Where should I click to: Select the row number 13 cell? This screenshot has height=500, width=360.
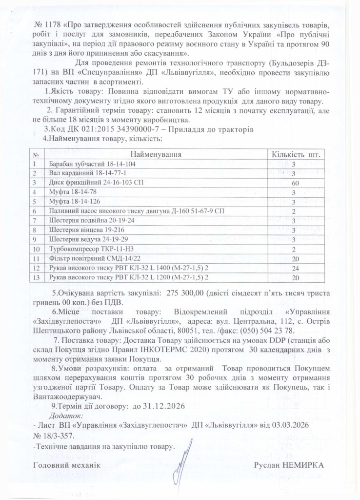point(35,277)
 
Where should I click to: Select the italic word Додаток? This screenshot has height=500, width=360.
point(67,415)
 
